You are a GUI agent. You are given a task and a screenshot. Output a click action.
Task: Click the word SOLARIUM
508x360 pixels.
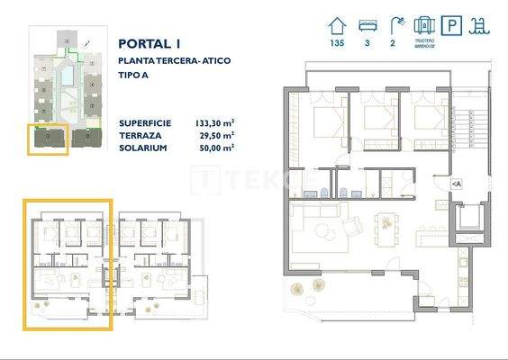pyautogui.click(x=142, y=146)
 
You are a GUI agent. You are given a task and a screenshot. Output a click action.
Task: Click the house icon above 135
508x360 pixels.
pyautogui.click(x=339, y=24)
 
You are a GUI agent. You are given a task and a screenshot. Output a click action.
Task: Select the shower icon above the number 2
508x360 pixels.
pyautogui.click(x=395, y=24)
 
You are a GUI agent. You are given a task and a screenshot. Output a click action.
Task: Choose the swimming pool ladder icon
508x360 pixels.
pyautogui.click(x=481, y=25)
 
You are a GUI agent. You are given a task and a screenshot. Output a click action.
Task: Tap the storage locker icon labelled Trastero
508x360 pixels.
pyautogui.click(x=424, y=24)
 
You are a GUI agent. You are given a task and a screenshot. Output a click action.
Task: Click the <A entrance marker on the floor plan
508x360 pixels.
pyautogui.click(x=457, y=184)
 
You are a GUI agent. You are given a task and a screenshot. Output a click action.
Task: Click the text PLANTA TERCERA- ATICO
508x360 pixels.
pyautogui.click(x=175, y=59)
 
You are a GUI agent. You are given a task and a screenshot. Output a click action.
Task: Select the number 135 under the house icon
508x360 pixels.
pyautogui.click(x=339, y=42)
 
